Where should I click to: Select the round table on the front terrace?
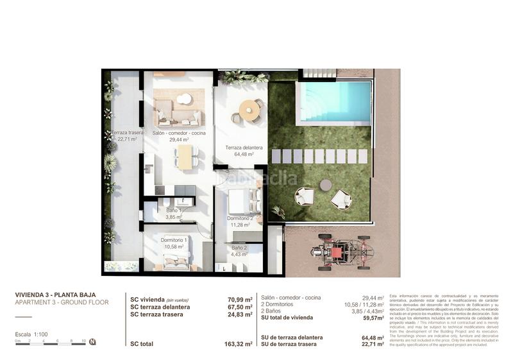[x=249, y=110]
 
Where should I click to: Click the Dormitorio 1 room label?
[x=174, y=243]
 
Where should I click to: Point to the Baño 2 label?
[x=239, y=251]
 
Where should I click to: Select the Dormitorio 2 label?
[x=240, y=221]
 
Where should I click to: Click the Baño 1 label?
[x=174, y=214]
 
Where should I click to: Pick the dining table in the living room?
[x=185, y=157]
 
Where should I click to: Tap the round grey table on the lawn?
[x=326, y=185]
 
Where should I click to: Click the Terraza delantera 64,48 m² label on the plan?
[x=239, y=151]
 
